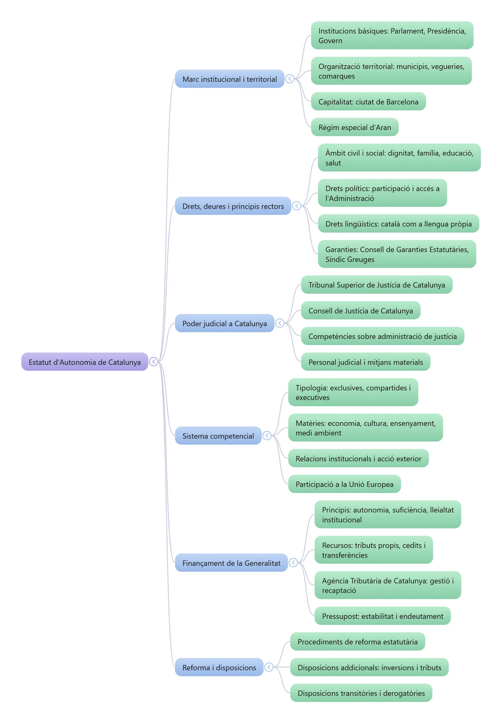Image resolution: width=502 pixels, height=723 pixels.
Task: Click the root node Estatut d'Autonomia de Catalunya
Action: (85, 362)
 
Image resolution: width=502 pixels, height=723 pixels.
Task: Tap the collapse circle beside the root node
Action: (154, 362)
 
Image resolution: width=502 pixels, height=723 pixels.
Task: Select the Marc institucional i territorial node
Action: (230, 79)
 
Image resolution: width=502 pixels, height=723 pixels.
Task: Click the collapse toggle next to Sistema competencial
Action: (267, 436)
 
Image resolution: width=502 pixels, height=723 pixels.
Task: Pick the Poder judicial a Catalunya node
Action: (225, 323)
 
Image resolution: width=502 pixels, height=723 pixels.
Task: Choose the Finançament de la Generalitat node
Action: (231, 563)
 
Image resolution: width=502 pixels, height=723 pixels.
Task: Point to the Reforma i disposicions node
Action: (219, 667)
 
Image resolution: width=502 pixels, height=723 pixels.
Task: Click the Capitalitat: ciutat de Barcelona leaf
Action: (368, 101)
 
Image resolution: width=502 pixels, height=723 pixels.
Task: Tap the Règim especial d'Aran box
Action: (355, 127)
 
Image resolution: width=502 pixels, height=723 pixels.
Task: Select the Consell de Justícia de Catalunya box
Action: (361, 310)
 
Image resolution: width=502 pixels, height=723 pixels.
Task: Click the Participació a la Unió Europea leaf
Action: (344, 484)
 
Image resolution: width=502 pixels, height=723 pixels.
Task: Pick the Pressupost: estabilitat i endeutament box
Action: (383, 616)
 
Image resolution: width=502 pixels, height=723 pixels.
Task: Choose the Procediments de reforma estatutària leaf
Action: (358, 641)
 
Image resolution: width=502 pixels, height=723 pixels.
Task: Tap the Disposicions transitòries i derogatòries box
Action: (361, 693)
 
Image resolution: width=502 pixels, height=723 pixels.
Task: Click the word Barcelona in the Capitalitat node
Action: (402, 102)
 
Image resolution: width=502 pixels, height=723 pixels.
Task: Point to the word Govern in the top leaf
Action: (330, 40)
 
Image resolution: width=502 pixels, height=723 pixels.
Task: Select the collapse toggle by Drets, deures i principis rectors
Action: (297, 206)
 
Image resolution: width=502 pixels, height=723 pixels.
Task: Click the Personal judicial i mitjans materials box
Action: (366, 362)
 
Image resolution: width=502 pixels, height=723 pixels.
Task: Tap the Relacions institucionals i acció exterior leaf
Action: (358, 458)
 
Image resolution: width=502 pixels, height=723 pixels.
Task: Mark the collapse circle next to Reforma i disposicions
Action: (269, 667)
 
